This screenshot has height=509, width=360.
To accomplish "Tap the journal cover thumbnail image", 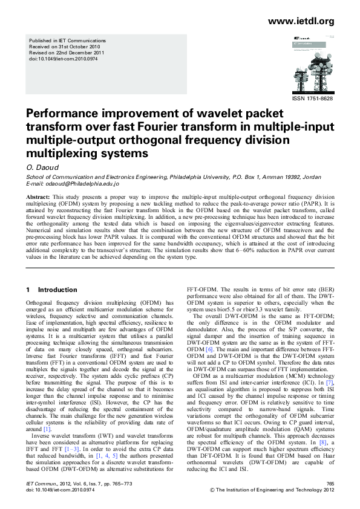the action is click(312, 62).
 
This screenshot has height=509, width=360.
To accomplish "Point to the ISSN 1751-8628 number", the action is click(312, 98).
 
